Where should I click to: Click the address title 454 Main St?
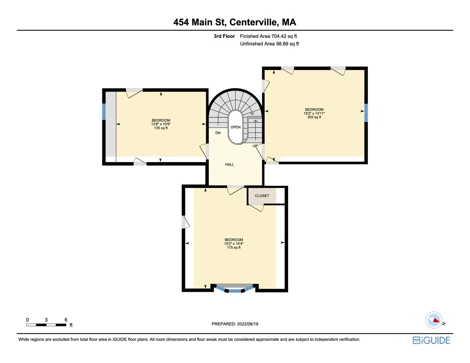point(235,22)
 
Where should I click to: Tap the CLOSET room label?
point(262,196)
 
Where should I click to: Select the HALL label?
point(230,164)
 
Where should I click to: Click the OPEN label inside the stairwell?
point(236,127)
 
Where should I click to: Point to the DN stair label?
point(218,133)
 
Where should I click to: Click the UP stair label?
point(255,146)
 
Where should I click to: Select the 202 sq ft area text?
point(314,117)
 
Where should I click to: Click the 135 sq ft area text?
point(161,128)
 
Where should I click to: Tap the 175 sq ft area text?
point(234,248)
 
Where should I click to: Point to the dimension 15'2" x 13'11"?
point(314,113)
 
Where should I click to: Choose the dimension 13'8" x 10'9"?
point(161,124)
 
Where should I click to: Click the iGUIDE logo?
point(431,340)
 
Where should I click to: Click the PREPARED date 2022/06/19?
point(235,324)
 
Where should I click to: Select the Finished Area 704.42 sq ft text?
point(268,36)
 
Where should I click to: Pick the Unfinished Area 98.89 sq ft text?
point(269,44)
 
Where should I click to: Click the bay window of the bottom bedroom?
point(234,289)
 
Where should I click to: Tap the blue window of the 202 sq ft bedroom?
point(366,113)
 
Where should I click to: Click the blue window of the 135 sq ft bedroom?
point(104,111)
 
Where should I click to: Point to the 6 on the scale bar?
point(66,320)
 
